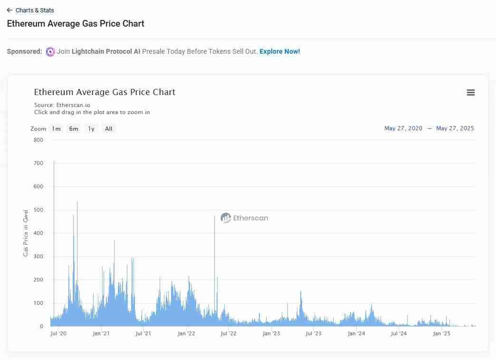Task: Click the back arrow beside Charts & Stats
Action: pyautogui.click(x=10, y=10)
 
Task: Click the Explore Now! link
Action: pyautogui.click(x=279, y=51)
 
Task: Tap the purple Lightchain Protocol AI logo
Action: pyautogui.click(x=50, y=52)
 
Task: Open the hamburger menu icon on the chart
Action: pyautogui.click(x=471, y=93)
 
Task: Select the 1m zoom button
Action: pyautogui.click(x=57, y=129)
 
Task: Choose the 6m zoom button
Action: pyautogui.click(x=74, y=129)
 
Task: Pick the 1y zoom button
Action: pyautogui.click(x=91, y=129)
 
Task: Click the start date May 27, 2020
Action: pyautogui.click(x=403, y=128)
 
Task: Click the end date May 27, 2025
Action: pyautogui.click(x=455, y=128)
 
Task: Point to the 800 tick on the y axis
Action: pyautogui.click(x=38, y=140)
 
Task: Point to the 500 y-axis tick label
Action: pyautogui.click(x=38, y=210)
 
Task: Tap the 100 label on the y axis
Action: pyautogui.click(x=38, y=303)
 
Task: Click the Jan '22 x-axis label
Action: pyautogui.click(x=186, y=334)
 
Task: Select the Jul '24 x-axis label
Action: pyautogui.click(x=399, y=334)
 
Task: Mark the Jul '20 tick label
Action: pyautogui.click(x=58, y=334)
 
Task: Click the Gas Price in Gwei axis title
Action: pyautogui.click(x=26, y=233)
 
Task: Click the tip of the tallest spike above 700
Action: pyautogui.click(x=54, y=162)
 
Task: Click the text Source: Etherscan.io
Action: pyautogui.click(x=62, y=105)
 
